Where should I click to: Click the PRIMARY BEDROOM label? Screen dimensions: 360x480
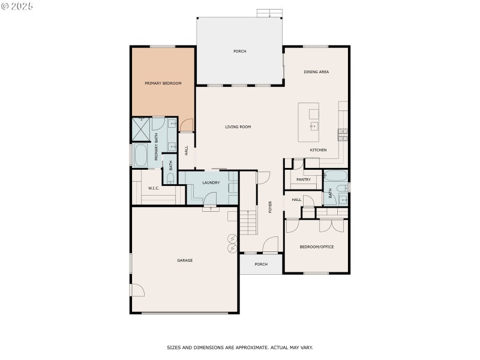(x=163, y=83)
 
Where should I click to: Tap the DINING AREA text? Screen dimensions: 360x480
(x=316, y=72)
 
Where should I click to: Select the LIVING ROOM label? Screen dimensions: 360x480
(x=238, y=127)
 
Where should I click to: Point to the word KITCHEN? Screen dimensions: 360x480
(x=318, y=149)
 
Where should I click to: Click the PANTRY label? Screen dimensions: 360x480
(x=303, y=179)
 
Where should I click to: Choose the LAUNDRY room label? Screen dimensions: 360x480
(x=211, y=182)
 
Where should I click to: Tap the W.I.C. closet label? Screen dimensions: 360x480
(x=154, y=188)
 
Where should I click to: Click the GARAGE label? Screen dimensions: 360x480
(x=185, y=260)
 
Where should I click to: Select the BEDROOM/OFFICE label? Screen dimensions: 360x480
(x=317, y=247)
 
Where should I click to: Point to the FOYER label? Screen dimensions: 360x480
(x=270, y=207)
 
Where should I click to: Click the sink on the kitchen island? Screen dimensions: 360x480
(x=313, y=126)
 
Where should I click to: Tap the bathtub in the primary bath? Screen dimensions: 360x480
(x=142, y=157)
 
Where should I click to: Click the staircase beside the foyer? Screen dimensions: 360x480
(x=248, y=222)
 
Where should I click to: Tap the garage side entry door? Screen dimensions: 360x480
(x=137, y=290)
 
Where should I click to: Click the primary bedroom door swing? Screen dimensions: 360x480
(x=187, y=125)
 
